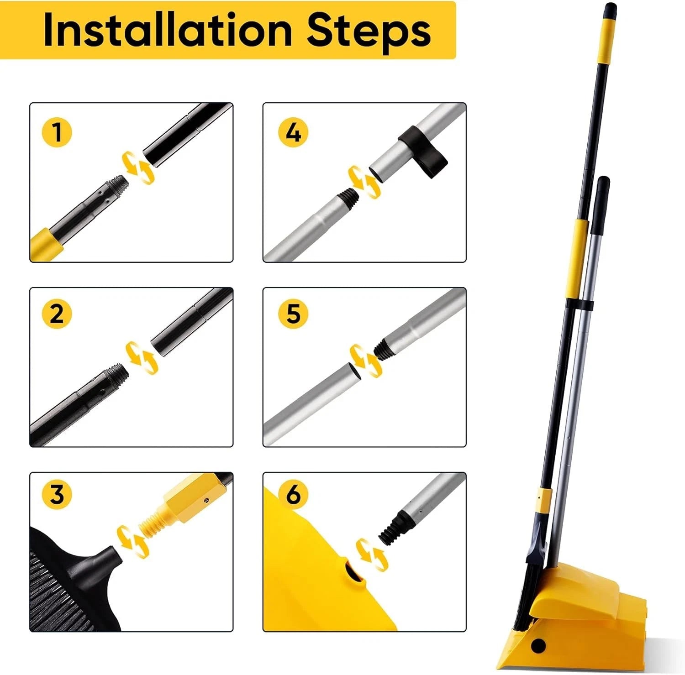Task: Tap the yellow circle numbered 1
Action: [57, 132]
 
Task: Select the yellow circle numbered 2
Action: [57, 314]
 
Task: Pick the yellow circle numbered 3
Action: [57, 494]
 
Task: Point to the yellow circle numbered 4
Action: [293, 132]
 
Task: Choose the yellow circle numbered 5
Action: [293, 314]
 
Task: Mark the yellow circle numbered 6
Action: [293, 494]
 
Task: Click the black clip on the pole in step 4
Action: [423, 151]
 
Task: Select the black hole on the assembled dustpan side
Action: [539, 645]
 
